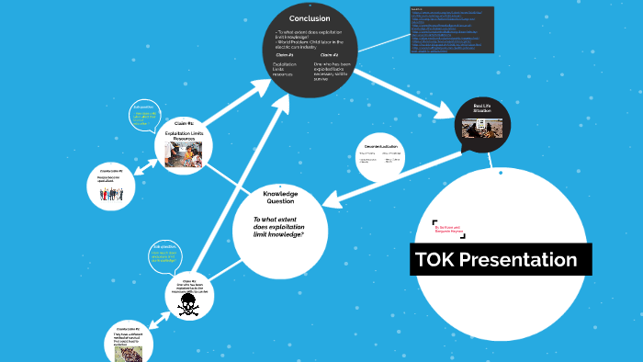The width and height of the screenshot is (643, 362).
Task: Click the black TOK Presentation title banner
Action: [x=501, y=260]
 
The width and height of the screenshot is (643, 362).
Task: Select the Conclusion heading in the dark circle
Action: [x=310, y=17]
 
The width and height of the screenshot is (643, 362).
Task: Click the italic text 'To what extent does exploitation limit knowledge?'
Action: [x=278, y=227]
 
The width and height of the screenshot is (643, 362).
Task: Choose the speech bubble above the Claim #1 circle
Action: [x=149, y=118]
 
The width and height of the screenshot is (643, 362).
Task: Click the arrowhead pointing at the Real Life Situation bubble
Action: [x=451, y=111]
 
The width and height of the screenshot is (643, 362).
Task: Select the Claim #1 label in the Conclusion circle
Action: [x=284, y=55]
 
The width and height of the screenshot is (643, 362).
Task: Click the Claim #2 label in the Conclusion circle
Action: [x=329, y=55]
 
